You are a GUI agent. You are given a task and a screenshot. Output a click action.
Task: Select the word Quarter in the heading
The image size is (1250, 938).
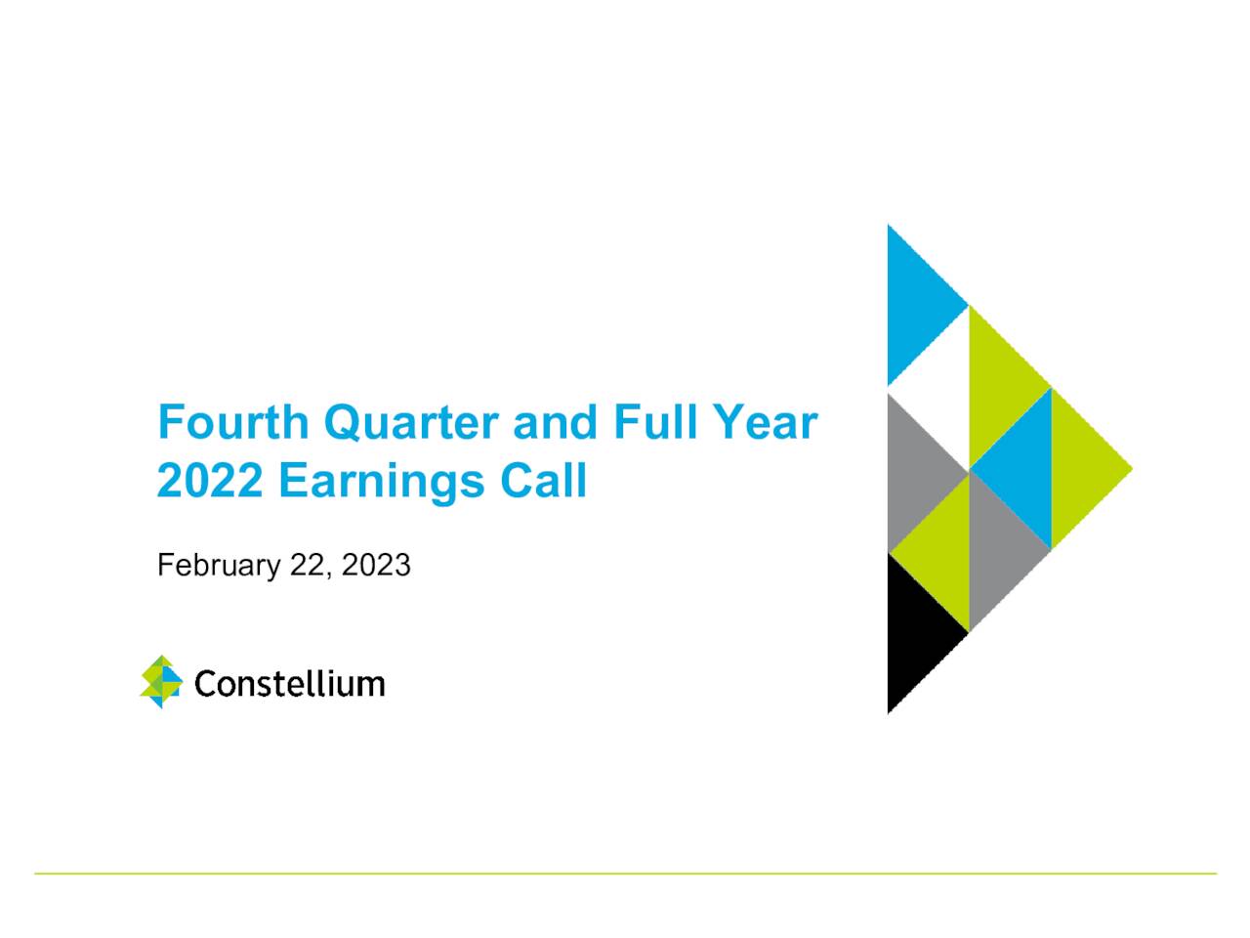point(411,423)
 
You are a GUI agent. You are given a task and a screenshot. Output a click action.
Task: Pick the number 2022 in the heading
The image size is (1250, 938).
point(210,481)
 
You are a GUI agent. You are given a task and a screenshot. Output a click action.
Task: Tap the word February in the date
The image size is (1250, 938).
point(219,566)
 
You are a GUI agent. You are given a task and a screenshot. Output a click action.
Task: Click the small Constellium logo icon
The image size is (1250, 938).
point(161,682)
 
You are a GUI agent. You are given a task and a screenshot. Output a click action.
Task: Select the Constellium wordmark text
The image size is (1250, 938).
point(289,683)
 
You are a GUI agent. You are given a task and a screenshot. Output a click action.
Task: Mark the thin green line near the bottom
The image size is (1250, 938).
point(625,874)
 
